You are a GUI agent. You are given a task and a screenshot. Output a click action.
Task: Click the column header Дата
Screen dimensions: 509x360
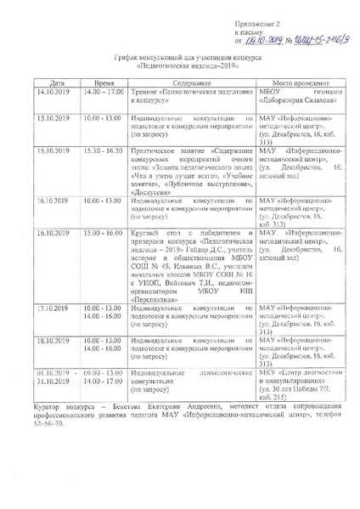57,84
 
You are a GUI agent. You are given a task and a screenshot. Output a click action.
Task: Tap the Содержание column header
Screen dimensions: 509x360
191,84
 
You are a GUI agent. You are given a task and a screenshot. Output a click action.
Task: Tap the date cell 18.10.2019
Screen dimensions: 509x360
57,340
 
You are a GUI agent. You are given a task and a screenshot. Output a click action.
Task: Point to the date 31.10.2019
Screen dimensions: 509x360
57,382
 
